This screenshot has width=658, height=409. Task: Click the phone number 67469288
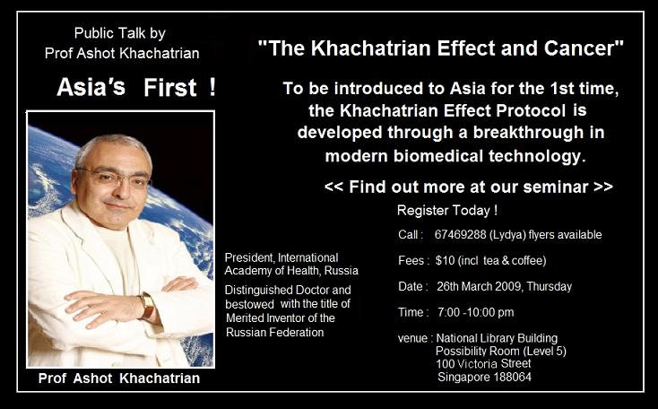[460, 234]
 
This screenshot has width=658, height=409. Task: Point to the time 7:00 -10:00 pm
[475, 312]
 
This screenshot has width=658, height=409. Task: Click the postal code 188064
[513, 377]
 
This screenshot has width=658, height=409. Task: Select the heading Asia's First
[136, 87]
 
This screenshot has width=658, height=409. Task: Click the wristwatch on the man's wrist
[147, 306]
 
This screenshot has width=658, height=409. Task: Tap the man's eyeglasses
[113, 178]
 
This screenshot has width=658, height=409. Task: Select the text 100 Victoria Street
[483, 363]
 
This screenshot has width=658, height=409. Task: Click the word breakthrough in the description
[528, 132]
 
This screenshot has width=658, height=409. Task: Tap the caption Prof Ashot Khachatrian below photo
[119, 379]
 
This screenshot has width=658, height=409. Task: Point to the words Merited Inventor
[263, 318]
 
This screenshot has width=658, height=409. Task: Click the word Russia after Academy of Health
[342, 271]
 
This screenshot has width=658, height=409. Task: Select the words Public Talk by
[120, 33]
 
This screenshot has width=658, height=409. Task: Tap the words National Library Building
[497, 338]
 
